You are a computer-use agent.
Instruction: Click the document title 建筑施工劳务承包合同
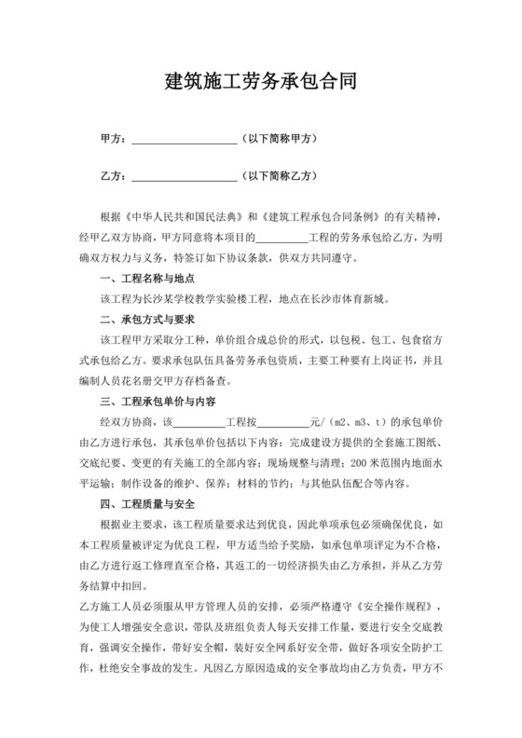click(x=260, y=82)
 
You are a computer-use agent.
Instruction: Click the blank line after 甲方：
click(x=184, y=140)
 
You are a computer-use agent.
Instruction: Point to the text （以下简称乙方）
click(x=280, y=173)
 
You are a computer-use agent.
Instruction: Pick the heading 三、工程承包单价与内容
click(x=158, y=402)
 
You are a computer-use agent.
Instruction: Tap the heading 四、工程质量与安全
click(x=146, y=504)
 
